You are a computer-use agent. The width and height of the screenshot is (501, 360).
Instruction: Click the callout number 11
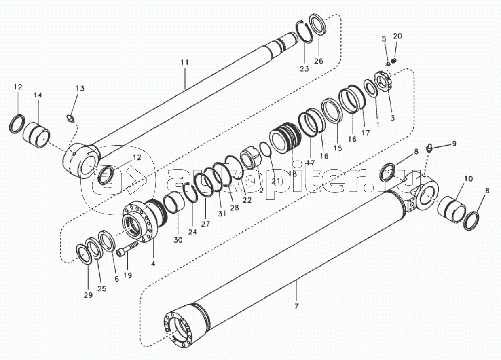click(184, 62)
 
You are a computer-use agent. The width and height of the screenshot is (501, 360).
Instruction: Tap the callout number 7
click(296, 306)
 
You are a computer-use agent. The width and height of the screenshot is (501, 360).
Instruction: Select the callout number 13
click(80, 88)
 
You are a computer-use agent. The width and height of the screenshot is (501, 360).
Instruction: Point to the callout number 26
click(318, 61)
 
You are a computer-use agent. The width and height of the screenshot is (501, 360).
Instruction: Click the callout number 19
click(127, 275)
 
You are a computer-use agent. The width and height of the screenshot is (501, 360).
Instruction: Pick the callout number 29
click(88, 295)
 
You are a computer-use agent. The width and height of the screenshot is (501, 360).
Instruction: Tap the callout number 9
click(454, 144)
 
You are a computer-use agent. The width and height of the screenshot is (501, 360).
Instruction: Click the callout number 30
click(178, 240)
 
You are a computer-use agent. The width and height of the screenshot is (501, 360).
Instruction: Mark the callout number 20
click(397, 36)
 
